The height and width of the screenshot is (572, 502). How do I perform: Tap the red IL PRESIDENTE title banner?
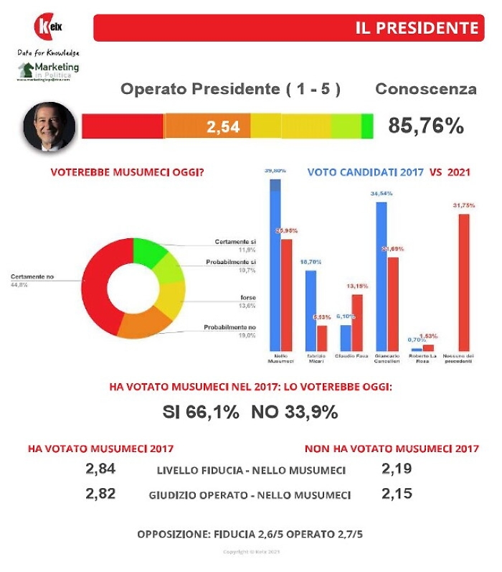coord(287,28)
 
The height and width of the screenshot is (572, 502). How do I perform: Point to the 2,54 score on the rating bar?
coord(223,127)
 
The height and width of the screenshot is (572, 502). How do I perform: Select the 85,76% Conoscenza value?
coord(426,126)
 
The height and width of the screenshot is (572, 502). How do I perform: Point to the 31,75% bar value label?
coord(464,205)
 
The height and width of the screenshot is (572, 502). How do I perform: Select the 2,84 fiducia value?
coord(100,469)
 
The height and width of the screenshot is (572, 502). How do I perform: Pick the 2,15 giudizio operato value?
coord(397,494)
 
